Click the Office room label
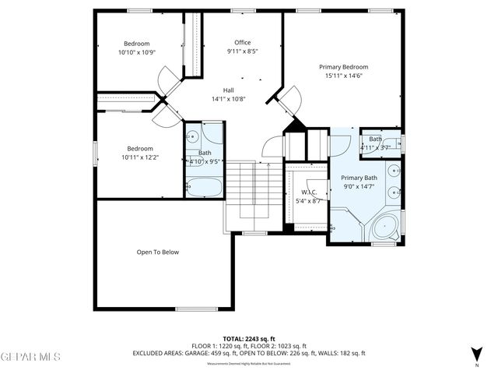point(243,42)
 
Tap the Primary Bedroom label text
point(343,66)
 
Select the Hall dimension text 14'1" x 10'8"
point(229,99)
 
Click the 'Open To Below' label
point(158,252)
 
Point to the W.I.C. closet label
point(307,192)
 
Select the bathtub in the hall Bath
point(204,186)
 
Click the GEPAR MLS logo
point(30,357)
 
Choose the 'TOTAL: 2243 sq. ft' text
point(248,338)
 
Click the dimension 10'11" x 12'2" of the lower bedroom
point(140,157)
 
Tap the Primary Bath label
point(359,178)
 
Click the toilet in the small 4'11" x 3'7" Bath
point(396,143)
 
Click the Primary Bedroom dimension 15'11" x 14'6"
point(343,76)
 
